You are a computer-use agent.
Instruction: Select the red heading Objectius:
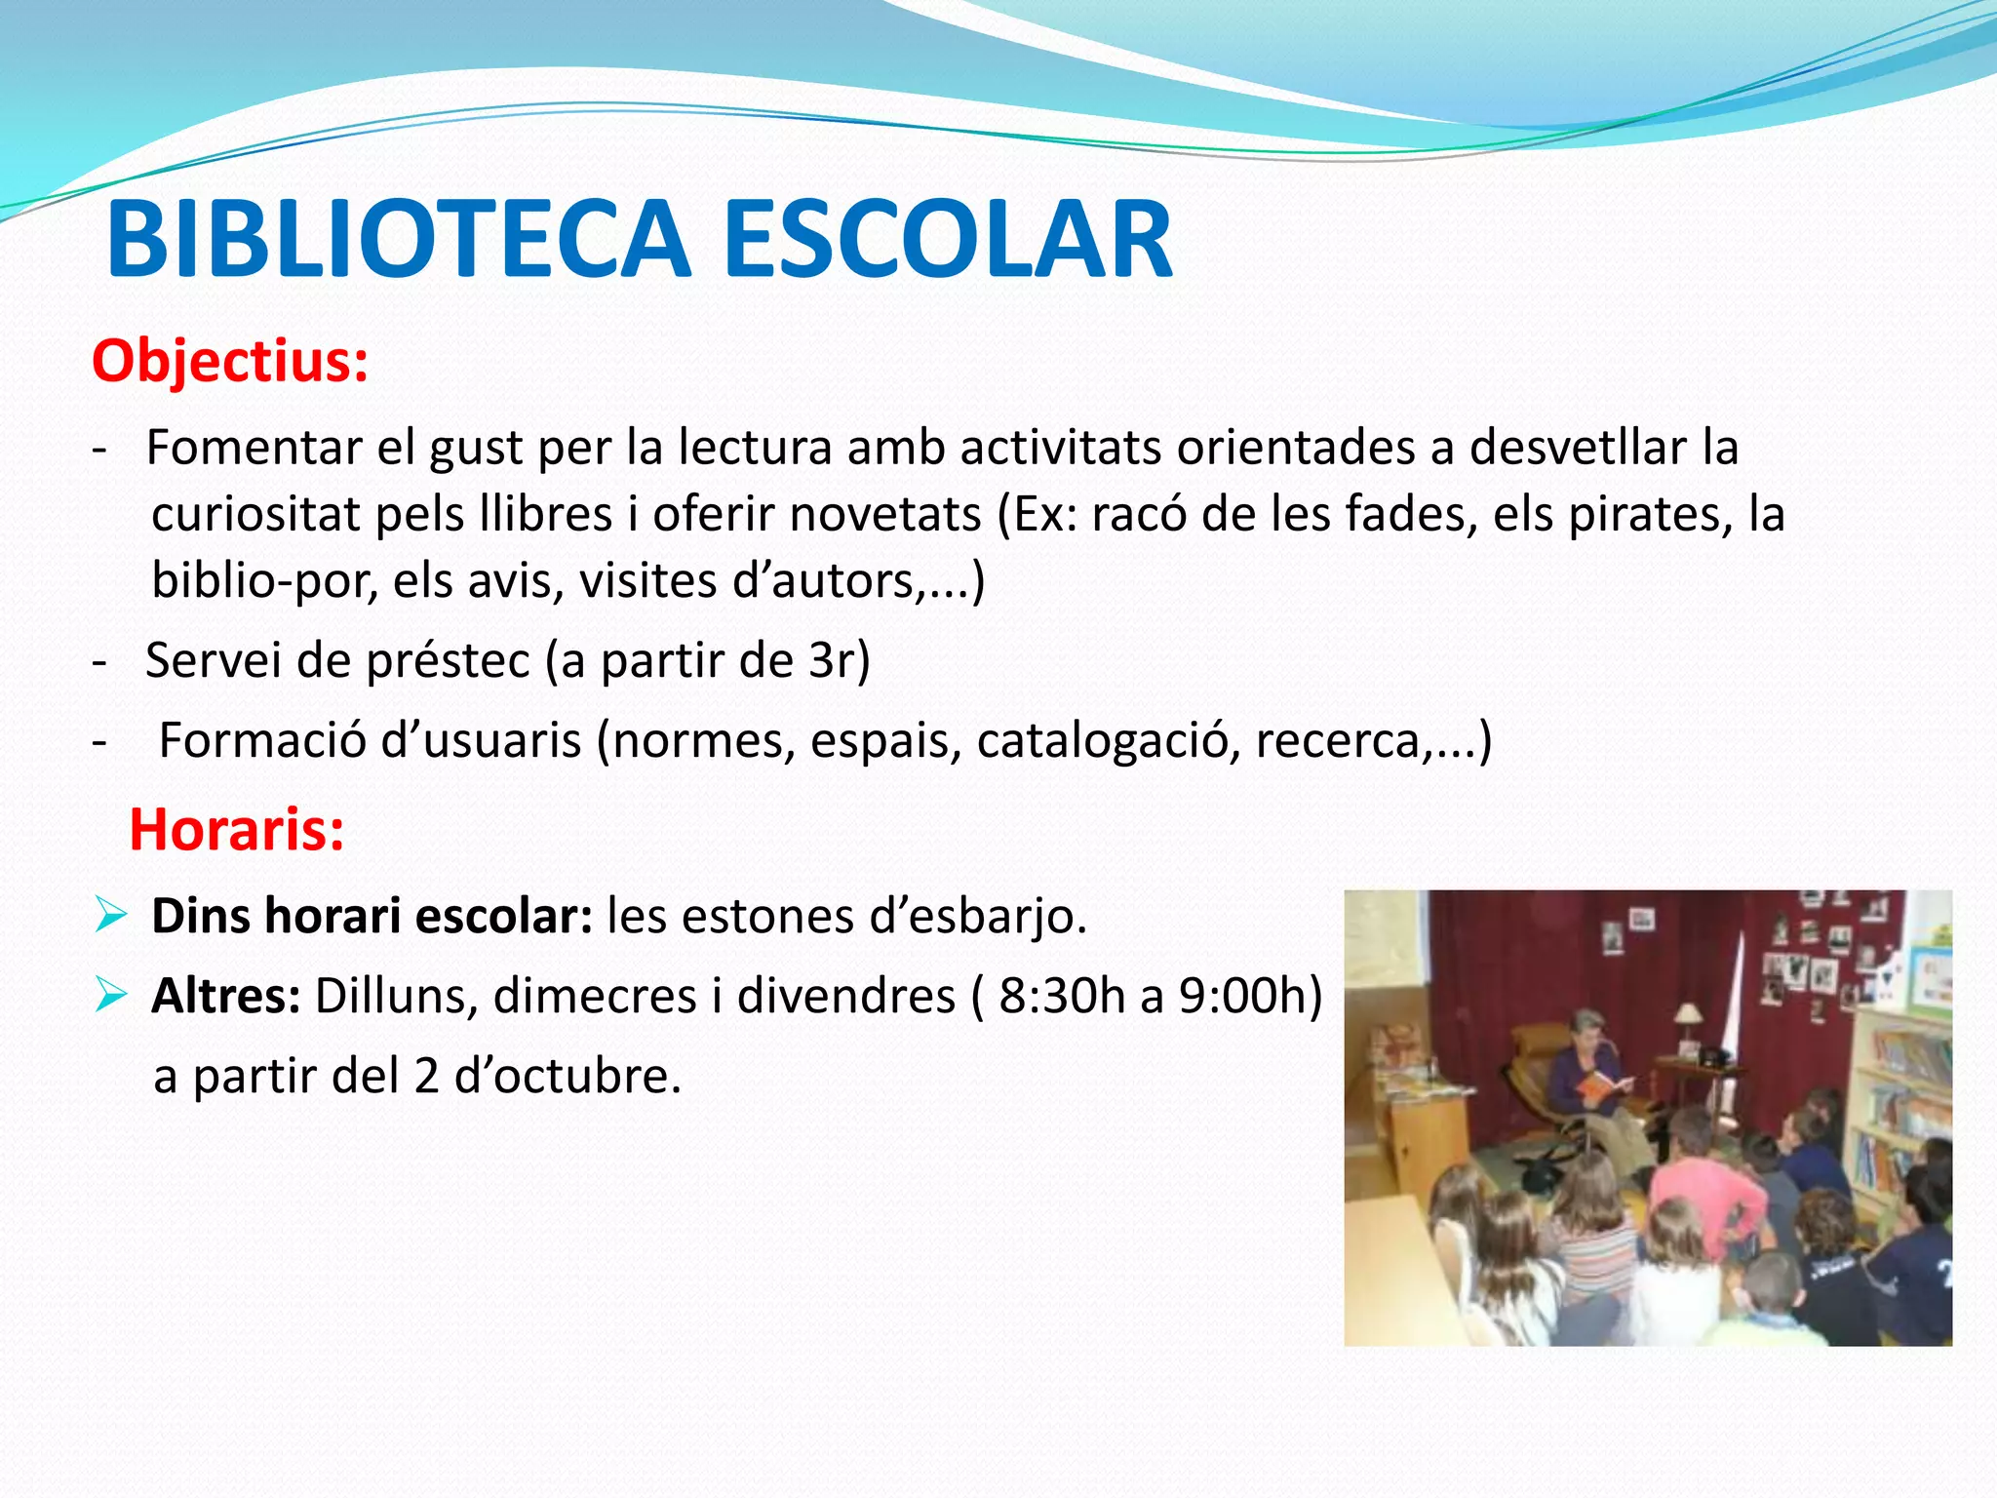tap(230, 362)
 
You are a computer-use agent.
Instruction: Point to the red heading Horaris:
tap(237, 831)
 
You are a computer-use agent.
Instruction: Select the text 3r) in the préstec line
tap(839, 661)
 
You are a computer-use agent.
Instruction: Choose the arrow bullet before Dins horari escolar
tap(111, 916)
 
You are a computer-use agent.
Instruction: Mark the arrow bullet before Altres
tap(111, 996)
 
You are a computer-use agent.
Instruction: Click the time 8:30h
tap(1062, 997)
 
